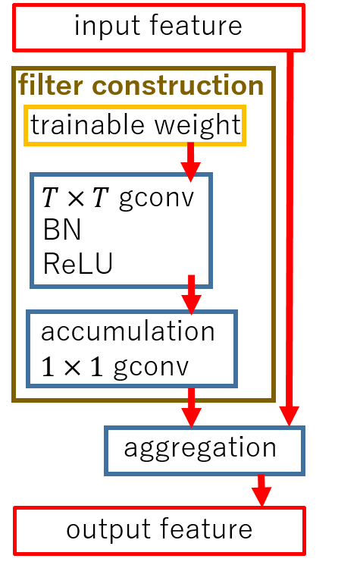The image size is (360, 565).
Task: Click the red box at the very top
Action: click(158, 27)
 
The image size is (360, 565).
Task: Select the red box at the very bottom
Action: click(159, 530)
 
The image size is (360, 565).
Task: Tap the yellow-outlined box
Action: click(135, 125)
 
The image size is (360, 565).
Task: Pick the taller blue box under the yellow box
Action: click(121, 231)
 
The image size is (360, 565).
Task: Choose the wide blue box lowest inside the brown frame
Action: click(132, 348)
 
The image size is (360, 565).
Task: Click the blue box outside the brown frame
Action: click(205, 450)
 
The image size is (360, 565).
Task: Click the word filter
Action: click(51, 85)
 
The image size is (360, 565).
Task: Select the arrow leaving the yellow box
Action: click(191, 161)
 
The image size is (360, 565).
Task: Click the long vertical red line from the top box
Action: click(290, 228)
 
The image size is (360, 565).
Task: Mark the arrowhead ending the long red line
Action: click(290, 416)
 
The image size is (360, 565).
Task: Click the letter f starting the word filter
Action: click(23, 85)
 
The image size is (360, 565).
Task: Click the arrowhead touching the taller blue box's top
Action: click(191, 172)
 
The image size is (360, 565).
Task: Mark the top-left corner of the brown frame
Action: click(14, 69)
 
